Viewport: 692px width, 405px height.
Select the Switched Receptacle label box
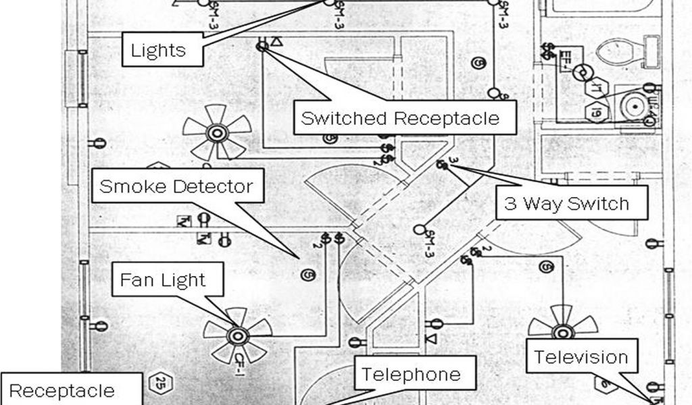click(400, 119)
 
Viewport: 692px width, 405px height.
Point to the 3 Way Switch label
click(566, 203)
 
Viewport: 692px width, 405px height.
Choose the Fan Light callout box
click(162, 279)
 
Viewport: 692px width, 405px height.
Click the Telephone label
click(411, 374)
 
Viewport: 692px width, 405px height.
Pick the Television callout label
click(582, 357)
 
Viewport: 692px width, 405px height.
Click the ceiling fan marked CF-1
click(237, 334)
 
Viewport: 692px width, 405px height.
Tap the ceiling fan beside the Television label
click(560, 331)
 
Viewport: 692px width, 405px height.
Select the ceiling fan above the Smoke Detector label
click(218, 132)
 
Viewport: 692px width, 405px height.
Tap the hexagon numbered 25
click(161, 383)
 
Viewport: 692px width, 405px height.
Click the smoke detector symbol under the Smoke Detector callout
click(307, 275)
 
